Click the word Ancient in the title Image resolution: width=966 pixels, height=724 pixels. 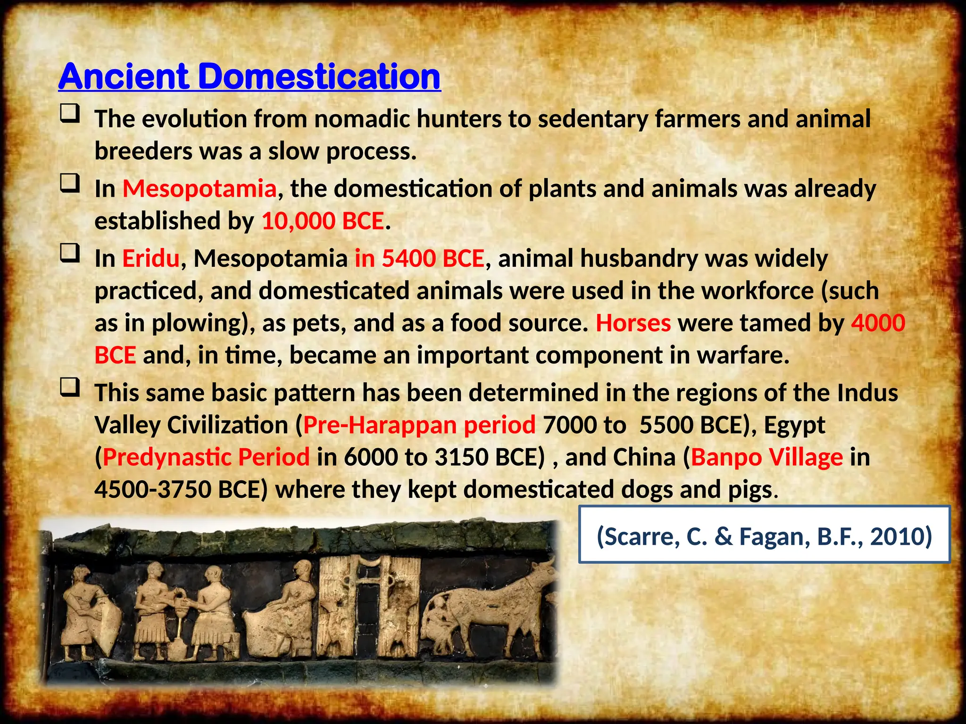124,76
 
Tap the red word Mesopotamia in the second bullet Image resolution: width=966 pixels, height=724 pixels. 199,189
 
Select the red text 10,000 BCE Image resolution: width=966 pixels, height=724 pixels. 323,221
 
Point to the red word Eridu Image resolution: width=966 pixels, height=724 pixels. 151,258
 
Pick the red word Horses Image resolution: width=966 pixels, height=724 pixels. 633,323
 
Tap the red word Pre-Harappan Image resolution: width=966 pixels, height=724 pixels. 380,425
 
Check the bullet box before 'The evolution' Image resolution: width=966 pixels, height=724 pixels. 69,115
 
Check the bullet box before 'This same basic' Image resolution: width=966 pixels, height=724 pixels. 69,388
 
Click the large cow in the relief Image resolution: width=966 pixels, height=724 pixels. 500,603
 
